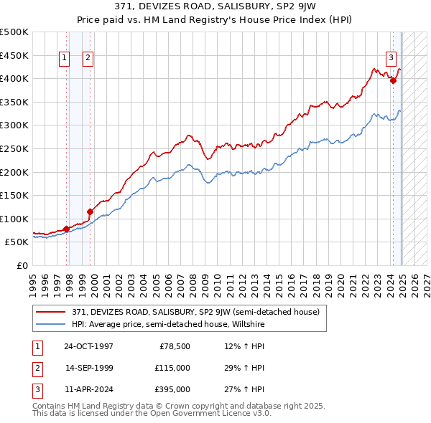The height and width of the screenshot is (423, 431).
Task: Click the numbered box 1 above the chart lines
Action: click(65, 58)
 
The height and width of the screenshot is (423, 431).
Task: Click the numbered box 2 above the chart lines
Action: click(88, 58)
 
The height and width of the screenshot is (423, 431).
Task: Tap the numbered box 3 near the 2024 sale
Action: click(391, 58)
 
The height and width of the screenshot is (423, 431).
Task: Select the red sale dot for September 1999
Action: click(90, 211)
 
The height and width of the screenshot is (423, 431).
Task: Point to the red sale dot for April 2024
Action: click(393, 81)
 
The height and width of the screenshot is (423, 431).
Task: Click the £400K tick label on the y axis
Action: click(14, 78)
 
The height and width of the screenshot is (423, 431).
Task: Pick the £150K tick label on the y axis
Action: click(14, 195)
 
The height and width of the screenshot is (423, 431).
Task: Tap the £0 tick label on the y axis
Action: click(22, 265)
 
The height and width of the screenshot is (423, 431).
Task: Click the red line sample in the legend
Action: click(52, 311)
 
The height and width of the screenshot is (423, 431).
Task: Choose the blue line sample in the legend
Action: click(52, 324)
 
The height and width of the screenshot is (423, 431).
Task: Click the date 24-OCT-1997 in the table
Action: click(88, 346)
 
